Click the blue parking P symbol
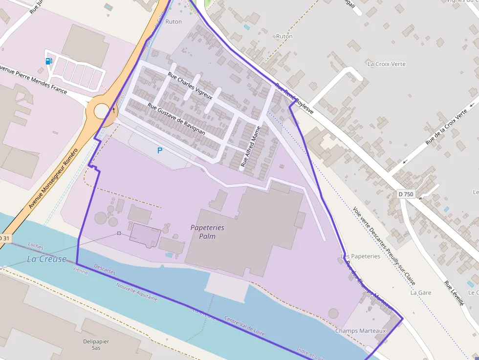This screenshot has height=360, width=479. point(160,151)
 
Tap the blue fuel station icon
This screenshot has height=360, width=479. point(48,61)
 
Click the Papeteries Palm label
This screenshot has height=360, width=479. point(207,232)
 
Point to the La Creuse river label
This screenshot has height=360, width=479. point(46,259)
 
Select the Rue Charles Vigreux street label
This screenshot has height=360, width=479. point(190,86)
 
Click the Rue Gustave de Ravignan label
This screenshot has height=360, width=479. point(176,119)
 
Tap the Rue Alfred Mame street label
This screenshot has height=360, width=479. point(251,147)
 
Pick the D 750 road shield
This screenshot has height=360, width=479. point(406,194)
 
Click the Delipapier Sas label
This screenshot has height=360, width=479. point(96,344)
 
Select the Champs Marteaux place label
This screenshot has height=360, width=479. point(360,331)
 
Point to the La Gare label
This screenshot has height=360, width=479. point(421,293)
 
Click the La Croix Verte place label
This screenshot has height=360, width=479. point(386,64)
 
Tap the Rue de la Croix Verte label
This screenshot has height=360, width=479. point(446,127)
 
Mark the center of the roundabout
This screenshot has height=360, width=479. point(102,111)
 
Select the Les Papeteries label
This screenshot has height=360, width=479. point(360,256)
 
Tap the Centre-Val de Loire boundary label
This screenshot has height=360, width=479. point(244,326)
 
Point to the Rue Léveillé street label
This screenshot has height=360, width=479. point(454,293)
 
